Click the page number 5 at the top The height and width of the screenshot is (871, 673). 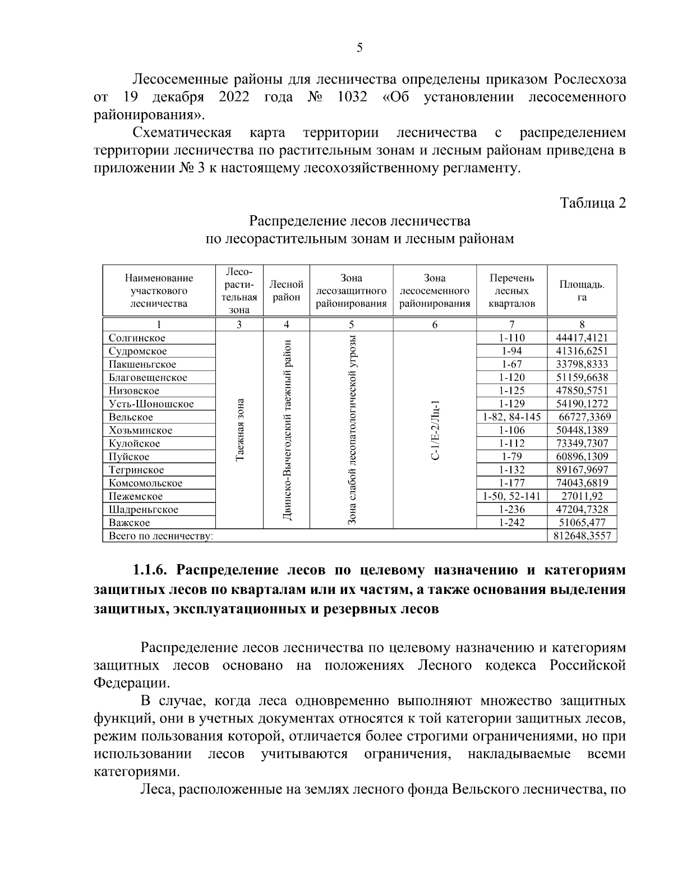(359, 48)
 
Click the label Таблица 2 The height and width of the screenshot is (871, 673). (593, 203)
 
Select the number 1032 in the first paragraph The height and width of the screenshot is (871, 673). (352, 97)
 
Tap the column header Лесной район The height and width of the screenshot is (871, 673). (287, 291)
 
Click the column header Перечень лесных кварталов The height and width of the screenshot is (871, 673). (511, 291)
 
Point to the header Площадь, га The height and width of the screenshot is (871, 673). (582, 291)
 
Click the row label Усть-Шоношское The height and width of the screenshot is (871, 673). (151, 404)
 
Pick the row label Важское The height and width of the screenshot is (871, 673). (130, 523)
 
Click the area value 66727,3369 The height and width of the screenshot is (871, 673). (584, 417)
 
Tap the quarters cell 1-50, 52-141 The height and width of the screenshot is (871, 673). (511, 496)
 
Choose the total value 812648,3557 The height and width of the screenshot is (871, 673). (582, 536)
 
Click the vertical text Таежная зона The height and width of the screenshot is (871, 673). (239, 430)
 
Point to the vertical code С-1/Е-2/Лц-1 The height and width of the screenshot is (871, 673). (435, 430)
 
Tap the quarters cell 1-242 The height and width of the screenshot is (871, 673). (511, 523)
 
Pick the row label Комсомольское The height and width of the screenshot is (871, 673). (145, 483)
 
